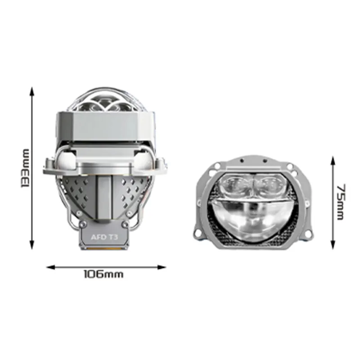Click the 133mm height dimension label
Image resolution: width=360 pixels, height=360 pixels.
click(x=25, y=168)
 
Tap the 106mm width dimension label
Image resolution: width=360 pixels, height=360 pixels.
click(x=103, y=274)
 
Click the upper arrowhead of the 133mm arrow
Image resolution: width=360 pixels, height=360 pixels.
click(x=32, y=91)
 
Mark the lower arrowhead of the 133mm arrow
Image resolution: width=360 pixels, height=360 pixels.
click(x=32, y=245)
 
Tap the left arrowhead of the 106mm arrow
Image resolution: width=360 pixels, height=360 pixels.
click(x=51, y=267)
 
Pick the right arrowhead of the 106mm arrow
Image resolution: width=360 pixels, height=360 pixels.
click(x=162, y=267)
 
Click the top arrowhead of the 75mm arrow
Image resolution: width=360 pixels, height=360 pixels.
click(x=333, y=161)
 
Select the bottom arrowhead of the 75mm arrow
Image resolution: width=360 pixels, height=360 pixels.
click(x=333, y=245)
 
